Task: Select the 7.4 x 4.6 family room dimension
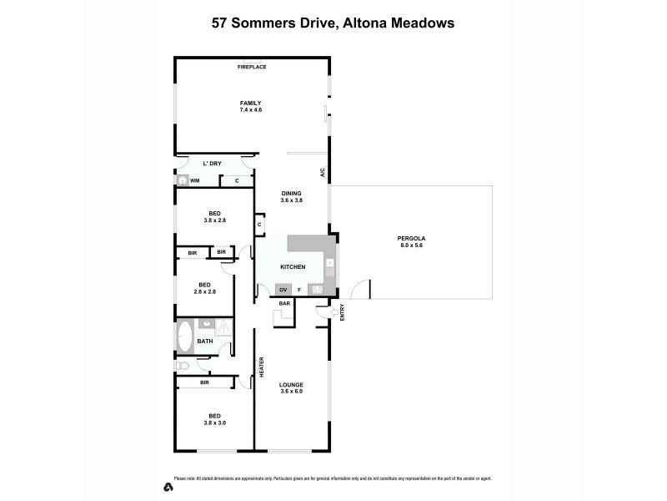(x=251, y=109)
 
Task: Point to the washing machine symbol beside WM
(x=182, y=180)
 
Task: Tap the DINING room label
(x=291, y=193)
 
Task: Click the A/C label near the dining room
(x=321, y=174)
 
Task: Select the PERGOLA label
(x=410, y=240)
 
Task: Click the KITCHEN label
(x=292, y=266)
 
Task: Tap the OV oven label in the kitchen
(x=283, y=290)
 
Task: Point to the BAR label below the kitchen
(x=283, y=303)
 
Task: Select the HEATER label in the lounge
(x=261, y=367)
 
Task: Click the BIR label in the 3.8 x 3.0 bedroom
(x=204, y=382)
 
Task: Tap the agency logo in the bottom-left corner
(x=168, y=486)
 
